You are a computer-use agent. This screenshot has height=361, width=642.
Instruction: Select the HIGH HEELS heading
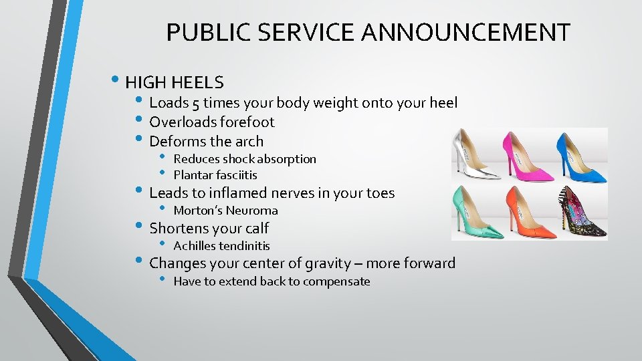[x=175, y=82]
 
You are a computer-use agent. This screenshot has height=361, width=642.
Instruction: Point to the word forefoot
[x=246, y=122]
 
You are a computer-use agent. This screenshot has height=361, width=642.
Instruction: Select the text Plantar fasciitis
[x=215, y=175]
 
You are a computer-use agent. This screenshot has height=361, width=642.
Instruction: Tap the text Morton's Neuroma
[x=225, y=211]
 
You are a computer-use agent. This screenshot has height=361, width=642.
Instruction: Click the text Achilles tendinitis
[x=221, y=246]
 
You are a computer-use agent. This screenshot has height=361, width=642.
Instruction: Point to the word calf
[x=256, y=228]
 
